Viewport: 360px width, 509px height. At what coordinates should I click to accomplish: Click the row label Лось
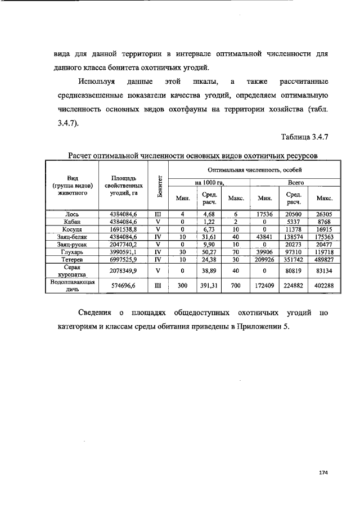[72, 214]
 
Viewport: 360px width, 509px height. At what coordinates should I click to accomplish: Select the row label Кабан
[72, 222]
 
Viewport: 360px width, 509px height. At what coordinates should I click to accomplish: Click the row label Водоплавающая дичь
[72, 285]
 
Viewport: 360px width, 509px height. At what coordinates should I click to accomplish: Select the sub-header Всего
[296, 182]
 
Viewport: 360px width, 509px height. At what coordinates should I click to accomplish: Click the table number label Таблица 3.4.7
[304, 136]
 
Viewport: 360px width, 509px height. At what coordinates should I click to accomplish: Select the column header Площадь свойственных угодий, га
[123, 184]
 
